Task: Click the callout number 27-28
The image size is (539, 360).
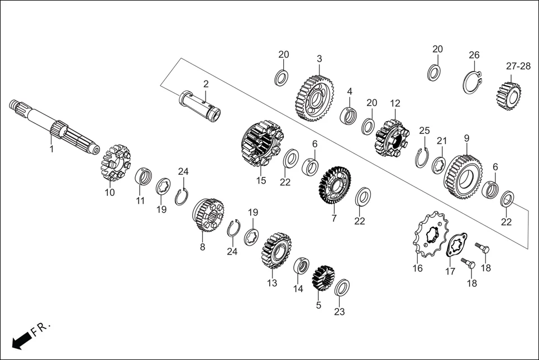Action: coord(518,66)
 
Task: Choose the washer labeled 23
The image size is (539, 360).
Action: coord(342,288)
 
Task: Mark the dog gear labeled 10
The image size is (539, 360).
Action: coord(115,163)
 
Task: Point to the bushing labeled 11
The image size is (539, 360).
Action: coord(143,177)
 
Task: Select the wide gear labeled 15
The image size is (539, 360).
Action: coord(260,145)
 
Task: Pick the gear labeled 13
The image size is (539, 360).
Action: coord(276,251)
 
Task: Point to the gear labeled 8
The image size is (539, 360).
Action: coord(207,214)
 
